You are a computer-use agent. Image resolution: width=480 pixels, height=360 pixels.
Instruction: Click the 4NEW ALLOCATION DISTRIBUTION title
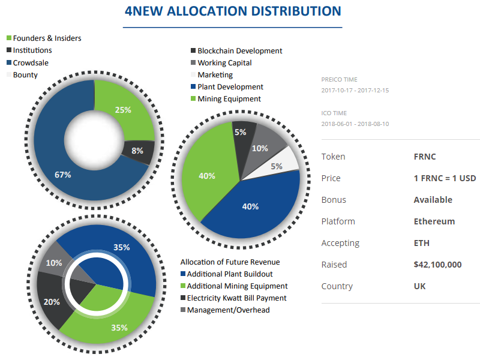(x=232, y=11)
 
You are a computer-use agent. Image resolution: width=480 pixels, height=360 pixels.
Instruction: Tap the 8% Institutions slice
(x=137, y=151)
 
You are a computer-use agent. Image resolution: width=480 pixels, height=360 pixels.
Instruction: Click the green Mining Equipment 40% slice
(x=207, y=176)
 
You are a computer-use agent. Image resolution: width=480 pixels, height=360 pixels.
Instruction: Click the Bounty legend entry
(x=25, y=75)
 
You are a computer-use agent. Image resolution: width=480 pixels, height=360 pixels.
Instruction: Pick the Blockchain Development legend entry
(x=239, y=51)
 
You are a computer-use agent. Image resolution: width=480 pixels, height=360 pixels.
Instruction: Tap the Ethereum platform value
(x=434, y=221)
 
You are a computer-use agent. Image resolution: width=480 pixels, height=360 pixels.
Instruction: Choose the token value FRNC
(x=424, y=157)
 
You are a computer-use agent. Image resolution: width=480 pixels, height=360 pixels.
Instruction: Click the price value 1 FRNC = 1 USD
(x=445, y=178)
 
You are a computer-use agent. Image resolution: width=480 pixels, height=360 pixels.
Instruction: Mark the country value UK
(x=419, y=286)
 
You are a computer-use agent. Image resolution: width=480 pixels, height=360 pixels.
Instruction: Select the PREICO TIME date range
(x=355, y=91)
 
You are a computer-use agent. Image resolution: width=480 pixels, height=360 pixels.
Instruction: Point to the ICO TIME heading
(x=334, y=113)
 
